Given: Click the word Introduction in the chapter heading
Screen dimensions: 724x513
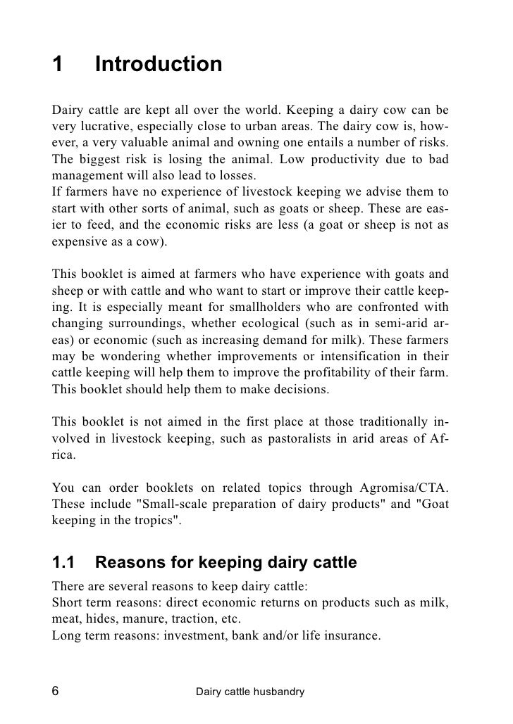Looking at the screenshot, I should coord(158,65).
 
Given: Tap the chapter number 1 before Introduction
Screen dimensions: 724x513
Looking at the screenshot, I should coord(57,65).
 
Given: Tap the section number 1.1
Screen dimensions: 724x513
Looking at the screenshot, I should coord(64,563).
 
